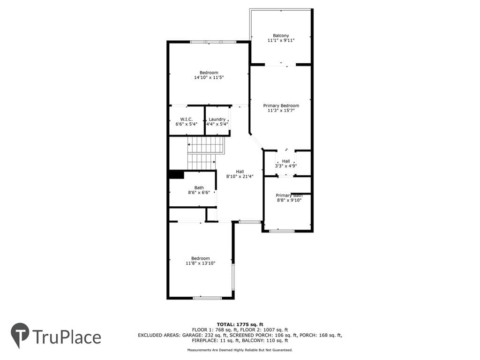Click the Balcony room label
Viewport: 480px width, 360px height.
281,36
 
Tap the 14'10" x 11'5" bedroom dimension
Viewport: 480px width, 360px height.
209,77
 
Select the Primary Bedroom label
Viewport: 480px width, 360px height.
281,105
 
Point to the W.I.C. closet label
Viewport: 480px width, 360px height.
187,119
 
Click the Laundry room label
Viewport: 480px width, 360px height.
217,119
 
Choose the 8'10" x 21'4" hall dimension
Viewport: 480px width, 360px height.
240,176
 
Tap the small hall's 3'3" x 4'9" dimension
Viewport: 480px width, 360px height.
286,166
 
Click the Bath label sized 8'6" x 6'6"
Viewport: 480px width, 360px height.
199,187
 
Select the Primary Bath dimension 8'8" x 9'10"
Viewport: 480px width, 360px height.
289,200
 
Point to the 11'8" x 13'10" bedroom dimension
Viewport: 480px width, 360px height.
201,263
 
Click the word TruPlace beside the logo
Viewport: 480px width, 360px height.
67,337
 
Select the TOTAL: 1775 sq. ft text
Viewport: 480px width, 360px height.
240,324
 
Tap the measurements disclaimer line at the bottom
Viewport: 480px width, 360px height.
240,350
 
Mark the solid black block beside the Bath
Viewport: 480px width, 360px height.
176,174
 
